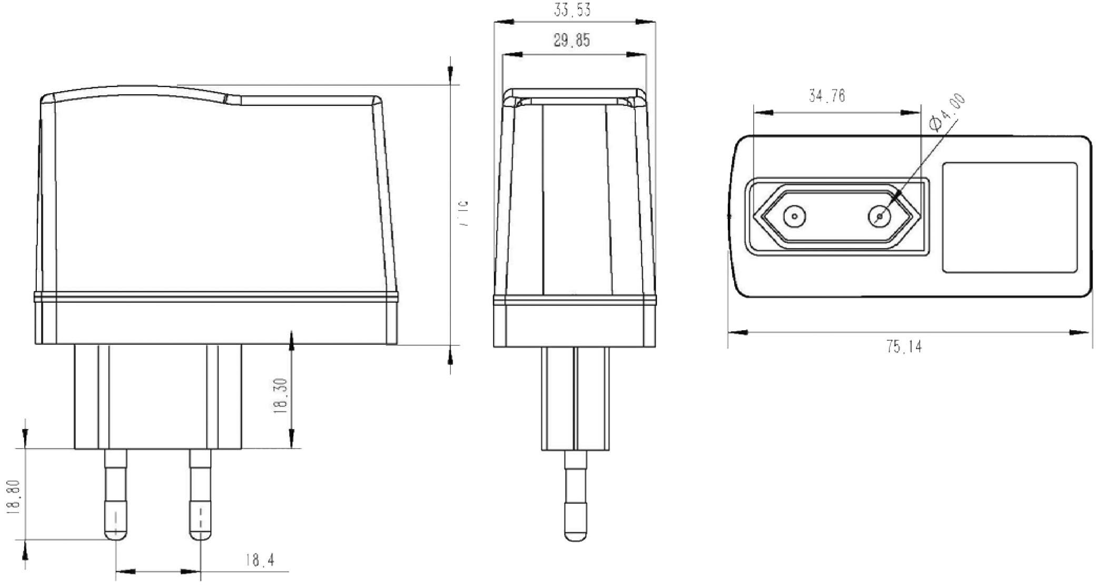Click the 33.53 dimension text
pyautogui.click(x=572, y=10)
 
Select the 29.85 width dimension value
pyautogui.click(x=572, y=41)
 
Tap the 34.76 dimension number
pyautogui.click(x=827, y=96)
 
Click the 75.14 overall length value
pyautogui.click(x=904, y=346)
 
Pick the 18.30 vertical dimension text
pyautogui.click(x=281, y=396)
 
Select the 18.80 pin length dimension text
pyautogui.click(x=14, y=496)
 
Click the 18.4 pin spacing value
pyautogui.click(x=260, y=560)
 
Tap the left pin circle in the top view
pyautogui.click(x=794, y=216)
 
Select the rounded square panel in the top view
pyautogui.click(x=1009, y=217)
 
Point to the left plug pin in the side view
pyautogui.click(x=115, y=495)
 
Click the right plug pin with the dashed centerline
pyautogui.click(x=200, y=495)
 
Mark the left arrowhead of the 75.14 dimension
pyautogui.click(x=737, y=332)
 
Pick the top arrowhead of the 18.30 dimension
pyautogui.click(x=292, y=340)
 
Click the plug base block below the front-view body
pyautogui.click(x=575, y=399)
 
